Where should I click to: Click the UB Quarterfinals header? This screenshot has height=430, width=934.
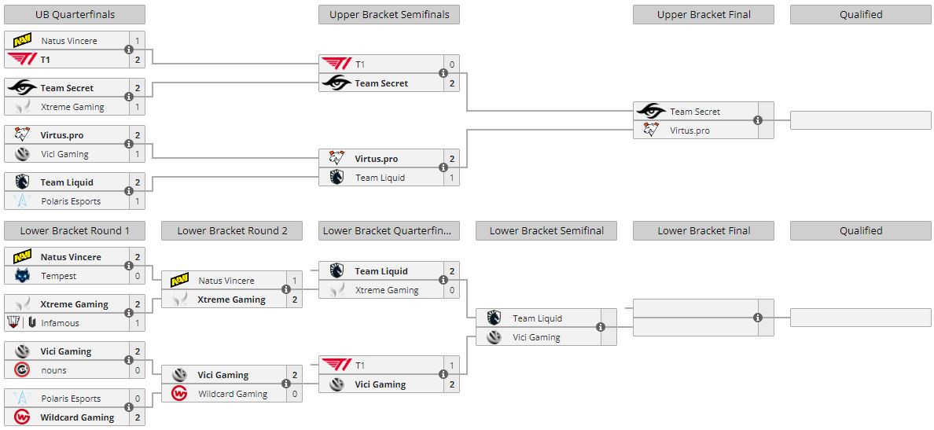click(x=75, y=14)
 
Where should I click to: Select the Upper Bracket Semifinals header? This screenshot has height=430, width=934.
click(x=389, y=14)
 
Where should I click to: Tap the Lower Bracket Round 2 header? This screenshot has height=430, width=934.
click(x=232, y=230)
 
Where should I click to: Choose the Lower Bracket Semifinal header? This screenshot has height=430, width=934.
click(x=546, y=230)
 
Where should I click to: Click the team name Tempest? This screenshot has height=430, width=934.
click(x=59, y=276)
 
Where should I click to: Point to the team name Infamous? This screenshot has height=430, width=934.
click(x=61, y=323)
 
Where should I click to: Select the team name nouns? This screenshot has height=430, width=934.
click(x=54, y=370)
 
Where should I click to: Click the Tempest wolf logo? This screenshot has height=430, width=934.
click(x=22, y=276)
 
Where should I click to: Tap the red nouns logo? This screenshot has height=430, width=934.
click(x=22, y=370)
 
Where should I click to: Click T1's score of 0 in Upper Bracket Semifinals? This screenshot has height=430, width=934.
click(x=451, y=64)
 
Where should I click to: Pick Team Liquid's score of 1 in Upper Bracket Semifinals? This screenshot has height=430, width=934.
click(x=451, y=178)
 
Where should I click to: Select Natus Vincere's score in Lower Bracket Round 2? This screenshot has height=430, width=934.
click(x=294, y=281)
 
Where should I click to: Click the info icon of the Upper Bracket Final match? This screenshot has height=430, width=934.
click(x=758, y=120)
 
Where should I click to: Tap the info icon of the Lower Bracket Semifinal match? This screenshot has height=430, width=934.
click(x=601, y=327)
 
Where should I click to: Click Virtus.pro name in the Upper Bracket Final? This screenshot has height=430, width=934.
click(x=689, y=130)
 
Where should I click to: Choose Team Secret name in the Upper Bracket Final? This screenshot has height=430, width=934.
click(x=695, y=112)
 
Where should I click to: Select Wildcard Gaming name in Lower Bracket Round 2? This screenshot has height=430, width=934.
click(x=233, y=394)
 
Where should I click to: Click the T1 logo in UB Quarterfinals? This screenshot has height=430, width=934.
click(x=22, y=59)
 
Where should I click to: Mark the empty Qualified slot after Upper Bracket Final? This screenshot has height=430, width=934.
click(x=860, y=120)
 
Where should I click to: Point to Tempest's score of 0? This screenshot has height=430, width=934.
click(x=137, y=276)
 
